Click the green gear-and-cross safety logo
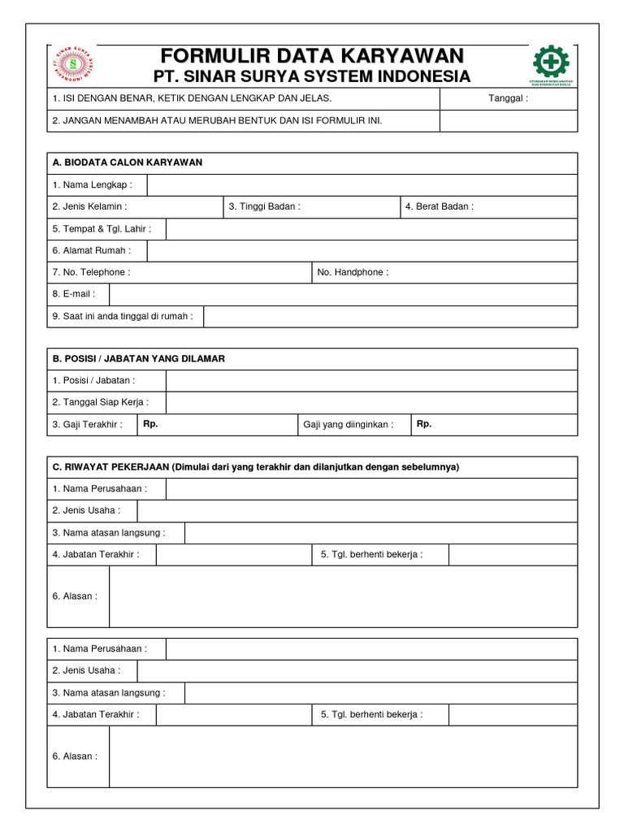pyautogui.click(x=551, y=62)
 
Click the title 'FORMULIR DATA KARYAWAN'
pyautogui.click(x=312, y=56)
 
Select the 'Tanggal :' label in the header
pyautogui.click(x=508, y=98)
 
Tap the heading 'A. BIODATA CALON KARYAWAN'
pyautogui.click(x=128, y=162)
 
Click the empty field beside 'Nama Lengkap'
pyautogui.click(x=362, y=184)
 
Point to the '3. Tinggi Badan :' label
pyautogui.click(x=264, y=206)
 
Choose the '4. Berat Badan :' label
pyautogui.click(x=439, y=206)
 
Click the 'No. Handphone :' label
pyautogui.click(x=353, y=272)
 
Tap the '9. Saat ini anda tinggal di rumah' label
pyautogui.click(x=123, y=316)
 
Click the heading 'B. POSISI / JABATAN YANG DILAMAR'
pyautogui.click(x=139, y=358)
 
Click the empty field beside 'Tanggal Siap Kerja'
pyautogui.click(x=371, y=402)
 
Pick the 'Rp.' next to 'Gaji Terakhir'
pyautogui.click(x=150, y=423)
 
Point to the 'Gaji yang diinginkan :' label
pyautogui.click(x=348, y=424)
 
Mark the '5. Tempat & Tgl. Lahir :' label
pyautogui.click(x=102, y=228)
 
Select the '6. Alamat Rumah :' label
pyautogui.click(x=91, y=250)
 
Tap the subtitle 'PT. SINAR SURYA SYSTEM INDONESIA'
pyautogui.click(x=312, y=76)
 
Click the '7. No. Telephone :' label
pyautogui.click(x=91, y=272)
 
